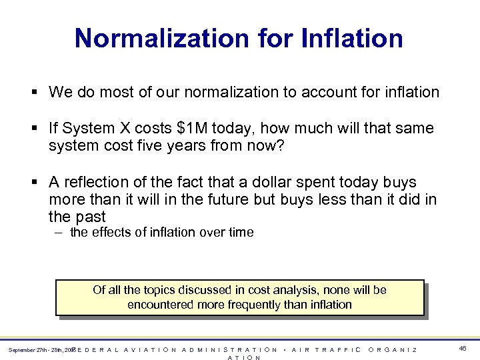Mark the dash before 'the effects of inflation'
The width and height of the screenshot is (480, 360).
click(59, 233)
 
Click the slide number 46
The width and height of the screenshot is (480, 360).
click(463, 349)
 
